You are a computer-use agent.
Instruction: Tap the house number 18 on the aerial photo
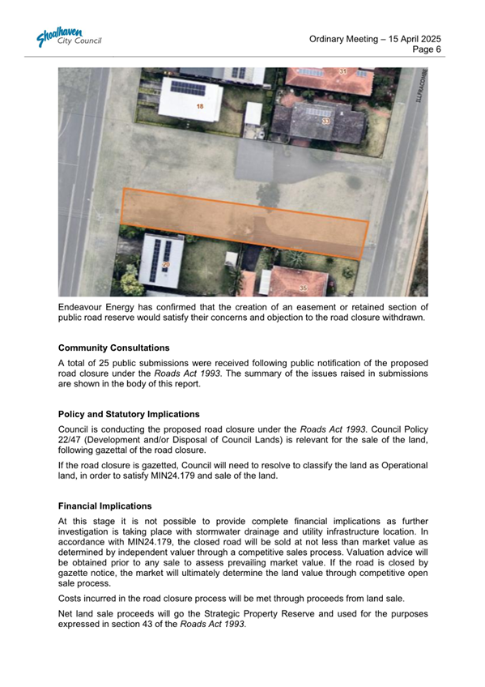point(199,107)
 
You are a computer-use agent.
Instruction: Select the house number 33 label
point(325,122)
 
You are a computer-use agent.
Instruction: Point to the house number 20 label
point(167,265)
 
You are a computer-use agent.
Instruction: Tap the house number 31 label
point(342,72)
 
